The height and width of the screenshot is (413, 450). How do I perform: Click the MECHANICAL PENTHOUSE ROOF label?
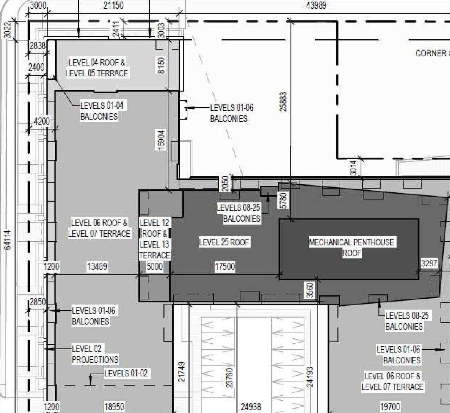pyautogui.click(x=352, y=248)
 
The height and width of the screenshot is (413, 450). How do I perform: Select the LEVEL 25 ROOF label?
pyautogui.click(x=224, y=242)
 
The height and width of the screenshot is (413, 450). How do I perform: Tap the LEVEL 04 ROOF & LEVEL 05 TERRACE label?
pyautogui.click(x=97, y=68)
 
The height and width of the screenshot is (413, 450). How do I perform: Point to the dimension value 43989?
pyautogui.click(x=316, y=6)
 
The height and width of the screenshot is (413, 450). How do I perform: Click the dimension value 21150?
pyautogui.click(x=114, y=6)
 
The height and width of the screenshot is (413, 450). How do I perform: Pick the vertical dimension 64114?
pyautogui.click(x=8, y=240)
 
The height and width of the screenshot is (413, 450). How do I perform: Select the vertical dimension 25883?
pyautogui.click(x=283, y=102)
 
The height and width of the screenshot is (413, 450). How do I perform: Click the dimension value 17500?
pyautogui.click(x=225, y=267)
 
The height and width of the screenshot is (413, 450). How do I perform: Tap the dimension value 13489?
pyautogui.click(x=97, y=267)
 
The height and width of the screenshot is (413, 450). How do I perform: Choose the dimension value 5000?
pyautogui.click(x=154, y=267)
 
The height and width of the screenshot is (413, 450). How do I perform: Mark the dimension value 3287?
pyautogui.click(x=429, y=263)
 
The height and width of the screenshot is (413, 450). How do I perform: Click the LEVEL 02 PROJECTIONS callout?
pyautogui.click(x=95, y=354)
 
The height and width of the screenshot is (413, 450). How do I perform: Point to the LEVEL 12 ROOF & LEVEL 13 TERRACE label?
pyautogui.click(x=155, y=239)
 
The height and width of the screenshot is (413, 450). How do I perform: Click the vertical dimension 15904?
pyautogui.click(x=161, y=140)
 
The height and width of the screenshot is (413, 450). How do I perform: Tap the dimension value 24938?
pyautogui.click(x=251, y=407)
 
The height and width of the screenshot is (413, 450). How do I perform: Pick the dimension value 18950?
pyautogui.click(x=114, y=407)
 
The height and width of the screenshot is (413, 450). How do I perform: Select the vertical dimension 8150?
pyautogui.click(x=161, y=65)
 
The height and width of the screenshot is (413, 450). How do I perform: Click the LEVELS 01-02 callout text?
pyautogui.click(x=126, y=373)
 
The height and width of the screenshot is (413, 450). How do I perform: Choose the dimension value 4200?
pyautogui.click(x=41, y=121)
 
